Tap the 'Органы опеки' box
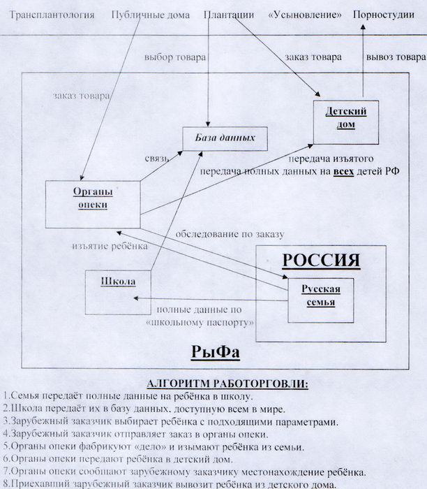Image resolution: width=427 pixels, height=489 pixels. click(x=89, y=198)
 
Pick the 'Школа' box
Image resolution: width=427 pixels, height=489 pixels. click(x=117, y=282)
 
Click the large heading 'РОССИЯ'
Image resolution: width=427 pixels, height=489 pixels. click(x=321, y=261)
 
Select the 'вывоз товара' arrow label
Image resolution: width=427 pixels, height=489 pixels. click(x=396, y=57)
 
